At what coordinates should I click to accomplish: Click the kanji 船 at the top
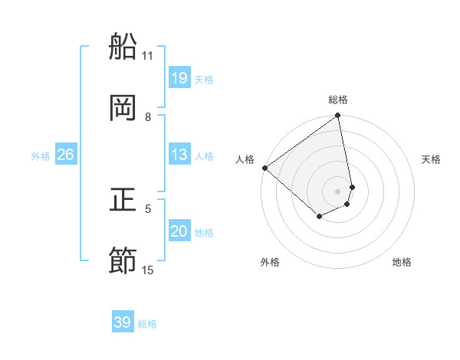point(123,47)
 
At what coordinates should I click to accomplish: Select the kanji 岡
point(123,108)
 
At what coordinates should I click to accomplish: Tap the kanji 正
point(123,200)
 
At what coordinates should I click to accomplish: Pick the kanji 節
point(123,261)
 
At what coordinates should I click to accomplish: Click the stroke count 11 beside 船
point(148,56)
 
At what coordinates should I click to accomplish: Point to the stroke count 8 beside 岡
point(148,117)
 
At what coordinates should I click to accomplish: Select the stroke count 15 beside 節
point(148,270)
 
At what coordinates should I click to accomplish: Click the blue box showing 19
point(179,78)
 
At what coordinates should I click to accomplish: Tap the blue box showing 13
point(179,155)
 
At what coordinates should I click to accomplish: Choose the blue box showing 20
point(179,231)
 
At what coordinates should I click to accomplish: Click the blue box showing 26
point(65,155)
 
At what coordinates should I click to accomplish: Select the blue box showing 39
point(123,322)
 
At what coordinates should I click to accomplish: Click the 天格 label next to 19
point(204,80)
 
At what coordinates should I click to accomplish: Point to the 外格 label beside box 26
point(41,156)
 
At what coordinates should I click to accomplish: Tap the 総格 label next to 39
point(147,324)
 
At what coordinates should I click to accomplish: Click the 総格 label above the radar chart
point(338,100)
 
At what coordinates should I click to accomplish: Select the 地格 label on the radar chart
point(402,262)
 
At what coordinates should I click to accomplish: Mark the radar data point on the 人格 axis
point(264,168)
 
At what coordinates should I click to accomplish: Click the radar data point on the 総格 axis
point(338,116)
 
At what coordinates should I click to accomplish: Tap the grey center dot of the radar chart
point(338,191)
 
